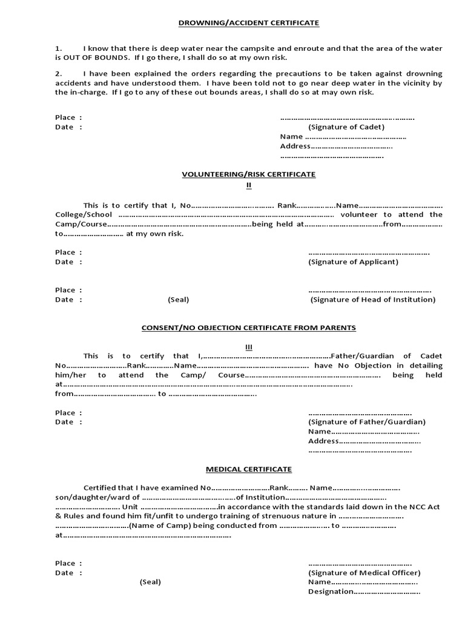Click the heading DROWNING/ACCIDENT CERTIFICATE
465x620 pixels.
point(248,23)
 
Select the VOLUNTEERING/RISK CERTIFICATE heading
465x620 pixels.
point(249,174)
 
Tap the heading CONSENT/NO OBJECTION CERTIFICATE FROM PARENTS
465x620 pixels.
point(248,328)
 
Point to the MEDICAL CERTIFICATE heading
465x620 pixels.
point(248,469)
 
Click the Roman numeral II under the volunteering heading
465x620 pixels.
point(248,185)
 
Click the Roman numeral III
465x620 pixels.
point(248,347)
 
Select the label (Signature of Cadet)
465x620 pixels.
point(346,127)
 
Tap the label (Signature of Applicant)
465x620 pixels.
point(353,262)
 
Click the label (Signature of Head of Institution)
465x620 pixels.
point(373,300)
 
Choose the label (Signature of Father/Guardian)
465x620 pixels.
point(367,422)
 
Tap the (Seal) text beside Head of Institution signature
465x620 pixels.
point(179,300)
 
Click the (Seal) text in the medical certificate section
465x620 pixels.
point(150,582)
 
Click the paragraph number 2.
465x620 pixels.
point(58,73)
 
